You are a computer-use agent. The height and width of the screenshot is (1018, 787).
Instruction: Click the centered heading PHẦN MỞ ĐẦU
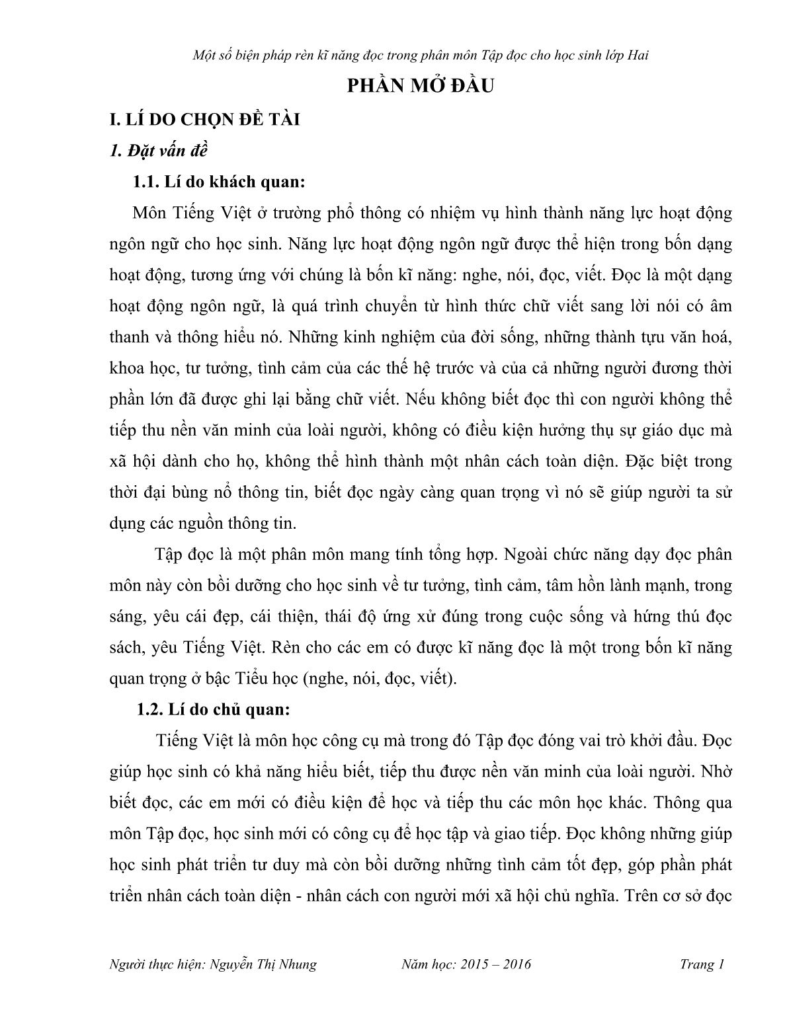coord(421,87)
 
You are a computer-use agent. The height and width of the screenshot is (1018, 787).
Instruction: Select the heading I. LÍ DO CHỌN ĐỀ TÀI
coord(204,120)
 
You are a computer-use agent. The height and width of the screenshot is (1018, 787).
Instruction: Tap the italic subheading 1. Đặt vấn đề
coord(159,151)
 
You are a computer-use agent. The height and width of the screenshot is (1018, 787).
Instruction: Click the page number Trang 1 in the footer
coord(702,964)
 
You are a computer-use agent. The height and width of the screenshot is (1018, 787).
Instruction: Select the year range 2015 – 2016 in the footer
coord(493,964)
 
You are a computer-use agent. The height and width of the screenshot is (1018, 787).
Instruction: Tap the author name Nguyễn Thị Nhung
coord(263,964)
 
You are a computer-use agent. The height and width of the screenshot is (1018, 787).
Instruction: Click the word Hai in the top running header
coord(636,55)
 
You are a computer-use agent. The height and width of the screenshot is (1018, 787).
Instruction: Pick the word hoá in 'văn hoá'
coord(715,336)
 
